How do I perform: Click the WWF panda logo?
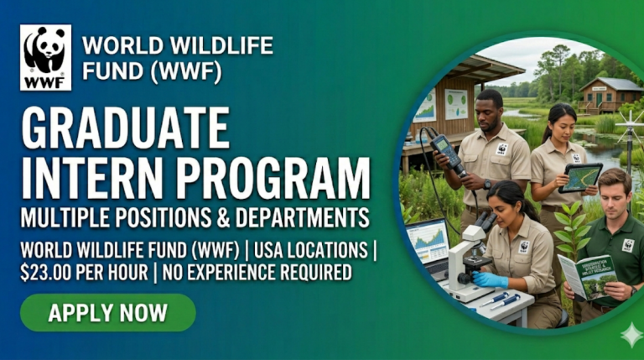[46, 56]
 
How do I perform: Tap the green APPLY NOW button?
[107, 313]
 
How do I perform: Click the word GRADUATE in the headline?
[125, 128]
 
